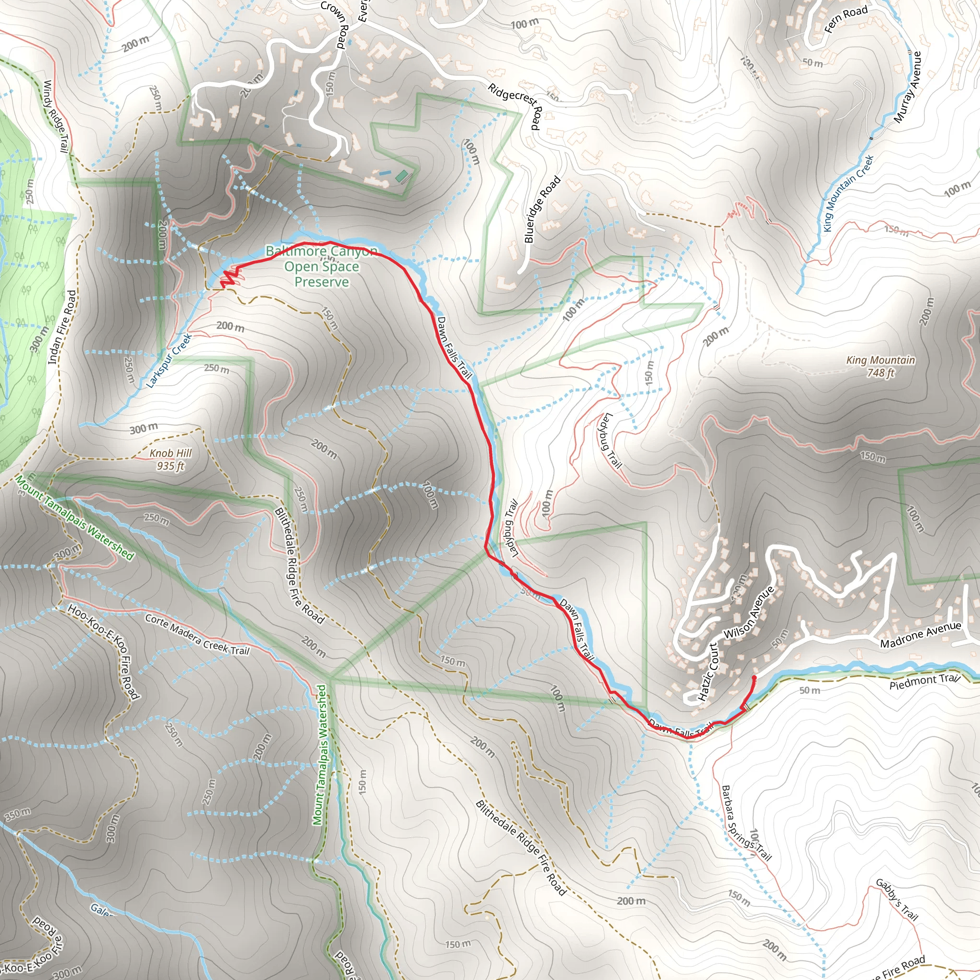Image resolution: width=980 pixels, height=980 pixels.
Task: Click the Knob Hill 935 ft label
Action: point(170,459)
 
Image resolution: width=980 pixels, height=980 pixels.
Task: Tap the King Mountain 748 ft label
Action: point(880,366)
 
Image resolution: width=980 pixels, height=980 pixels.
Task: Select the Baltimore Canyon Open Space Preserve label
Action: point(322,267)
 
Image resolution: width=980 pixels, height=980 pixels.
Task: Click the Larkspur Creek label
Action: point(169,361)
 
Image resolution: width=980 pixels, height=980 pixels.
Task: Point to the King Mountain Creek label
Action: point(848,193)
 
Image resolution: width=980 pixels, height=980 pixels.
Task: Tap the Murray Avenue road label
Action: point(907,87)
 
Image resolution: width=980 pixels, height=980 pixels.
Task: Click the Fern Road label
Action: point(846,19)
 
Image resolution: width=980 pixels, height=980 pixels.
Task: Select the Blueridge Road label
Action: point(542,209)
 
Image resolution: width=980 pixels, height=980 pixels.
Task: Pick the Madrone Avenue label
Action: point(920,634)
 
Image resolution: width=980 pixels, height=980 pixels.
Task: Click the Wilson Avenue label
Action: point(749,612)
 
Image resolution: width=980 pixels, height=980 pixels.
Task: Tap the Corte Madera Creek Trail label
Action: point(197,634)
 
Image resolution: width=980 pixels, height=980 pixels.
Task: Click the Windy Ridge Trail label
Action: point(56,116)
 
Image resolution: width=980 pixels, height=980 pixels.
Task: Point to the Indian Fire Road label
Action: point(62,327)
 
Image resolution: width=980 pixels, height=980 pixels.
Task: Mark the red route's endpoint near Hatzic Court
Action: point(754,678)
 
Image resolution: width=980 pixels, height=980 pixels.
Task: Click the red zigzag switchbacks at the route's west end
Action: point(229,278)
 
